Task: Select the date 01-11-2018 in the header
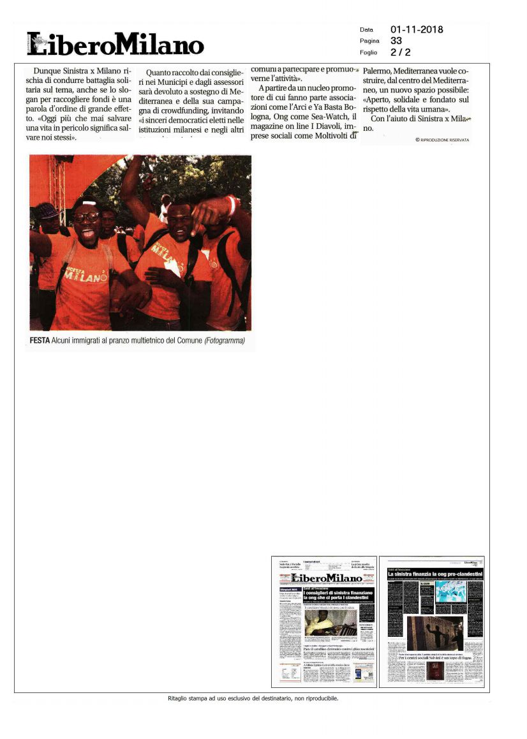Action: [x=416, y=29]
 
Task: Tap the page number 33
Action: [x=396, y=41]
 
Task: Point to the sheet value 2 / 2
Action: [x=400, y=52]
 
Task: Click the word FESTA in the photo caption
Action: [x=40, y=341]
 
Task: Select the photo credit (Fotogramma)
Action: [x=224, y=341]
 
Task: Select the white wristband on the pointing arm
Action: [x=231, y=205]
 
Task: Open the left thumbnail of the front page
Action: [x=323, y=622]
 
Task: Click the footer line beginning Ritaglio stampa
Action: [x=252, y=698]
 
